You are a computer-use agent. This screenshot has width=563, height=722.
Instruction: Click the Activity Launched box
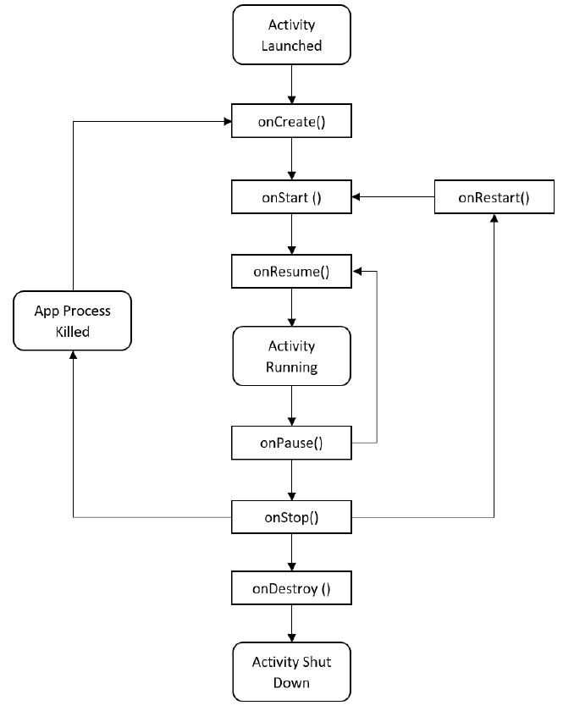pos(291,35)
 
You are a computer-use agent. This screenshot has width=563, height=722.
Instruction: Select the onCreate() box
pos(291,122)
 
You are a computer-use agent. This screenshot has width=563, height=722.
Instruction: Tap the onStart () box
pos(291,197)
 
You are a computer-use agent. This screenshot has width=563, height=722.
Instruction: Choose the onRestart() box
pos(494,197)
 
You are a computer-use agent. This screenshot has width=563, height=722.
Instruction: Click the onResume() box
pos(291,272)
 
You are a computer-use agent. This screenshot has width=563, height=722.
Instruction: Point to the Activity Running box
pos(291,356)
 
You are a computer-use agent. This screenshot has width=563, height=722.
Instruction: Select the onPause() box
pos(291,443)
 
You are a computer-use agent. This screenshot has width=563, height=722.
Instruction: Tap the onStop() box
pos(291,517)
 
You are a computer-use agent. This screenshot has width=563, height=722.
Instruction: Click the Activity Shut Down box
pos(291,671)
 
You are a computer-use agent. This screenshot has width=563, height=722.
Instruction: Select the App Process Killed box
pos(73,321)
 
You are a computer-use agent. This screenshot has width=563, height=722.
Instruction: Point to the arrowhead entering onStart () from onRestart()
pos(356,197)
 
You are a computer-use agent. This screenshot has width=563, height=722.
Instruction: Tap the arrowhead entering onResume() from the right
pos(356,272)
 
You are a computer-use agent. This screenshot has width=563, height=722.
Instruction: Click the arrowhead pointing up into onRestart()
pos(494,218)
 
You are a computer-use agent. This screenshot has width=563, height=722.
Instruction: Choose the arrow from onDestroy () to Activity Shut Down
pos(291,623)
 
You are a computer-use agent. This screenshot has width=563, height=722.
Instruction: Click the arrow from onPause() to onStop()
pos(291,480)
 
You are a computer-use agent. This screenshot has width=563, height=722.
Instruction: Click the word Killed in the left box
pos(73,332)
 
